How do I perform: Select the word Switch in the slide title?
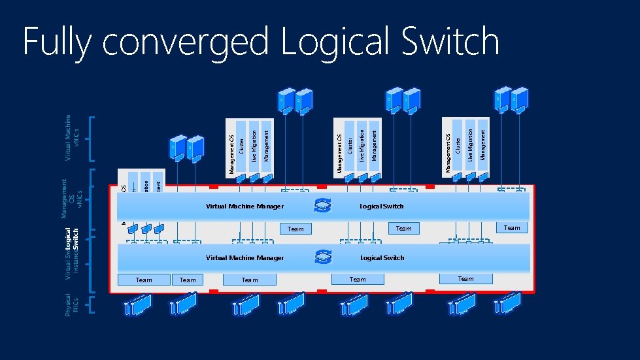pyautogui.click(x=450, y=41)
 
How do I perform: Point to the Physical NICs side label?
pyautogui.click(x=71, y=305)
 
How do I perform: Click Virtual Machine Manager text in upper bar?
pyautogui.click(x=244, y=206)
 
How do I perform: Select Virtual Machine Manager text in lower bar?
pyautogui.click(x=244, y=258)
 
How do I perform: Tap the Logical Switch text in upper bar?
pyautogui.click(x=382, y=206)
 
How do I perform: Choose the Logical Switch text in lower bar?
pyautogui.click(x=382, y=258)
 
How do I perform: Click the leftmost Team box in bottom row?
pyautogui.click(x=144, y=280)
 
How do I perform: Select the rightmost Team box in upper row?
pyautogui.click(x=512, y=228)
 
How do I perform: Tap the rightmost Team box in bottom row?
pyautogui.click(x=465, y=279)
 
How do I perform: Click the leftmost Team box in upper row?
pyautogui.click(x=295, y=229)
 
